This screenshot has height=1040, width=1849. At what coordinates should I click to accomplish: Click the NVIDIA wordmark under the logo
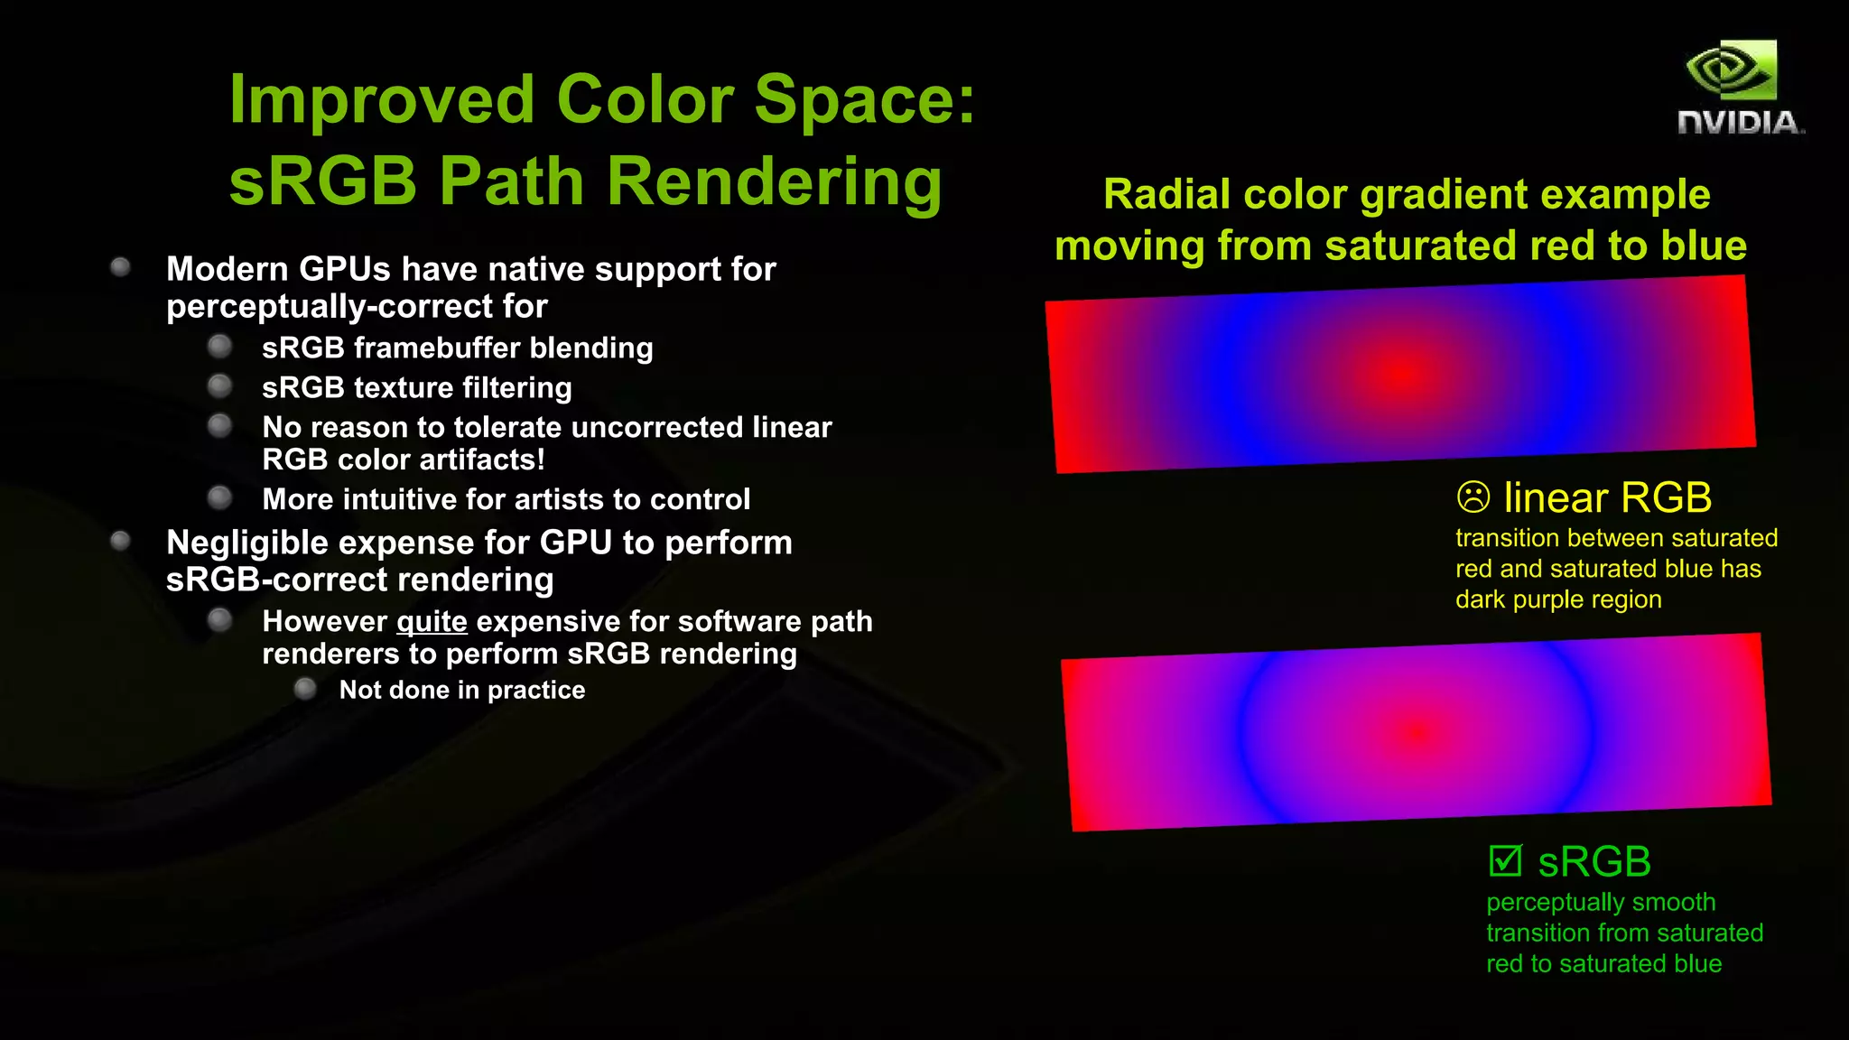1740,123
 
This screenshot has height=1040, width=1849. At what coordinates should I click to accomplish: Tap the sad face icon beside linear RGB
1473,497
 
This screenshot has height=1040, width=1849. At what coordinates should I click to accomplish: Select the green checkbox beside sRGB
1505,860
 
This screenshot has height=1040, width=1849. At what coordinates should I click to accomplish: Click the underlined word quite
432,622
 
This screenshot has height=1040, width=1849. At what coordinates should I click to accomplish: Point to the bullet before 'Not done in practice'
305,690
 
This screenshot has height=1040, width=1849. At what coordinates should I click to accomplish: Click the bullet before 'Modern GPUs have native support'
120,267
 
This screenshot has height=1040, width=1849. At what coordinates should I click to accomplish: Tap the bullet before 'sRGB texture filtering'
219,387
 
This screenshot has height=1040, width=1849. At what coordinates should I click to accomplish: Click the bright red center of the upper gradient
1401,372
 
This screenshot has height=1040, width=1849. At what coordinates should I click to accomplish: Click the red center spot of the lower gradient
1417,733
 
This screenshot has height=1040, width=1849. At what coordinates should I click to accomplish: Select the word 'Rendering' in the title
774,181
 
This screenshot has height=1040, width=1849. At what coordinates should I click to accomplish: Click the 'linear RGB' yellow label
1607,497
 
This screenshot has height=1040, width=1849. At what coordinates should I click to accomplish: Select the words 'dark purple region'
1558,600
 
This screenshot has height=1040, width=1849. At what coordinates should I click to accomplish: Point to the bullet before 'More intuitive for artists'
219,497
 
